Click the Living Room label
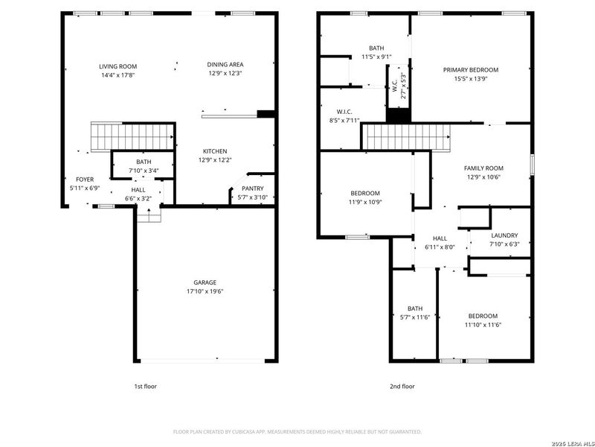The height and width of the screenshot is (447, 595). coord(118,66)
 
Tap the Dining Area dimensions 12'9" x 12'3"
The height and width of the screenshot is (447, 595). coord(225,73)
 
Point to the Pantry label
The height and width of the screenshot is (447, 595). coord(252,188)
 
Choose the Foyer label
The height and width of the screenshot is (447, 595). coord(85,180)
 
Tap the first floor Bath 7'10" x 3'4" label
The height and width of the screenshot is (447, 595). coord(144,162)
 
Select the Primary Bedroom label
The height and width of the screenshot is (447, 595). coord(471,69)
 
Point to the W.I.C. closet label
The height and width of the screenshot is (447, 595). coord(344,112)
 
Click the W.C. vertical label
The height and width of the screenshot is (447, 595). coord(395,86)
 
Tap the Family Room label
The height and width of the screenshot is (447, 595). coord(483,168)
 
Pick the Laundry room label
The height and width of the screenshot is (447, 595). coord(504,235)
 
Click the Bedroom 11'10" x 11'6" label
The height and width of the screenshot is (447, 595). coord(483,316)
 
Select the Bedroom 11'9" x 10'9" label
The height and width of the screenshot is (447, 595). coord(365,193)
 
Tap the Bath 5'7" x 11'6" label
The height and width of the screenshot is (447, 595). coord(414,308)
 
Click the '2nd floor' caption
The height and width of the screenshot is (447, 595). coord(402,387)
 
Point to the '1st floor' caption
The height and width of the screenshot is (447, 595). coord(144,387)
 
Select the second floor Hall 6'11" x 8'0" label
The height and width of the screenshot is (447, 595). coord(440,238)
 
